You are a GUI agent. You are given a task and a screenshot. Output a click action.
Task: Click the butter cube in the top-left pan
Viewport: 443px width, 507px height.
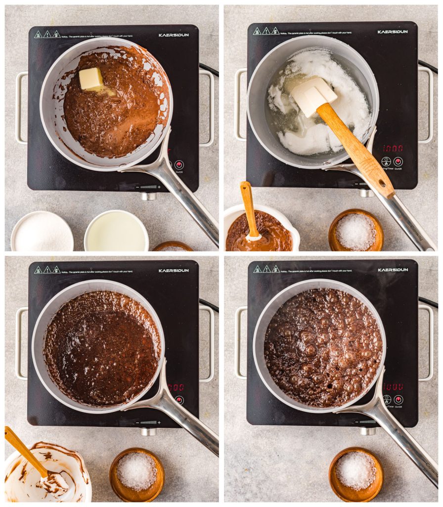[x=91, y=79]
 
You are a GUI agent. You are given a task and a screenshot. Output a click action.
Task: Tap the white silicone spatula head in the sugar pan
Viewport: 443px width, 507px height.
[x=312, y=96]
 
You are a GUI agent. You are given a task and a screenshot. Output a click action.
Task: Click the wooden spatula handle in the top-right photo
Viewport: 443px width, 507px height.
[x=357, y=151]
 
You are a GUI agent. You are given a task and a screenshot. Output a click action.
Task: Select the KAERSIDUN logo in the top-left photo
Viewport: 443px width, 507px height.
[x=174, y=35]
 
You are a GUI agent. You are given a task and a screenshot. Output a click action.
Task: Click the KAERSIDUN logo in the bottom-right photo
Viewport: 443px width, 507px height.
[x=393, y=270]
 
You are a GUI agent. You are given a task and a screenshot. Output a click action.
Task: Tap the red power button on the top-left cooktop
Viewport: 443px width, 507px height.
[x=179, y=164]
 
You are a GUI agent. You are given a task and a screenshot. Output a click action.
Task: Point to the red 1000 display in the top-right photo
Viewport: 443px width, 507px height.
[x=393, y=148]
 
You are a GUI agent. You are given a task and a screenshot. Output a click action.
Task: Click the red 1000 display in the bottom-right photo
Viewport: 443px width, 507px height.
[x=393, y=386]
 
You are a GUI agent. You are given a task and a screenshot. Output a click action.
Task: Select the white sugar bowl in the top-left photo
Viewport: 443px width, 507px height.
[x=42, y=232]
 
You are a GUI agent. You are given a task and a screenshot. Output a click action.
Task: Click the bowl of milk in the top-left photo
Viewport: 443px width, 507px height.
[x=116, y=232]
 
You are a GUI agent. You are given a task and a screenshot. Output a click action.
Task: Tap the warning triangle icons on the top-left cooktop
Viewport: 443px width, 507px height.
[x=47, y=35]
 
